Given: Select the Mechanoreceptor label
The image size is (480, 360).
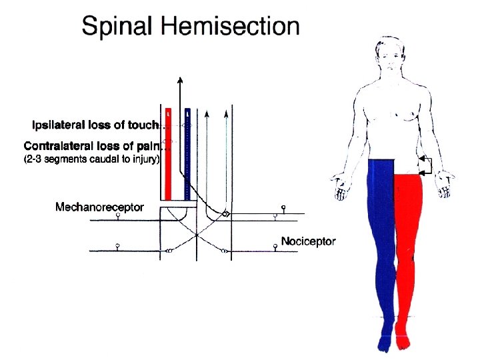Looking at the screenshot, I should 99,207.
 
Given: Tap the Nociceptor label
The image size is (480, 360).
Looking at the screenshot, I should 308,241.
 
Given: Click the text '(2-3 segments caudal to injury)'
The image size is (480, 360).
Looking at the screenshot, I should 91,159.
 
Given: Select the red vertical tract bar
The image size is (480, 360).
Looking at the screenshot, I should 169,153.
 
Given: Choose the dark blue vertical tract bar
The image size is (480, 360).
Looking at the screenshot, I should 188,153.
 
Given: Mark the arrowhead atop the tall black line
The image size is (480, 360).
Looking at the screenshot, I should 180,81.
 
